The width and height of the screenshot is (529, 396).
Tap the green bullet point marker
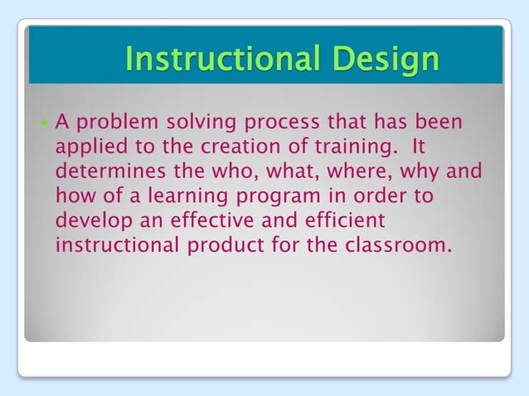click(44, 123)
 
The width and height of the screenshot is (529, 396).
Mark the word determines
click(104, 172)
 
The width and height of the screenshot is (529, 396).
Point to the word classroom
click(400, 246)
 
